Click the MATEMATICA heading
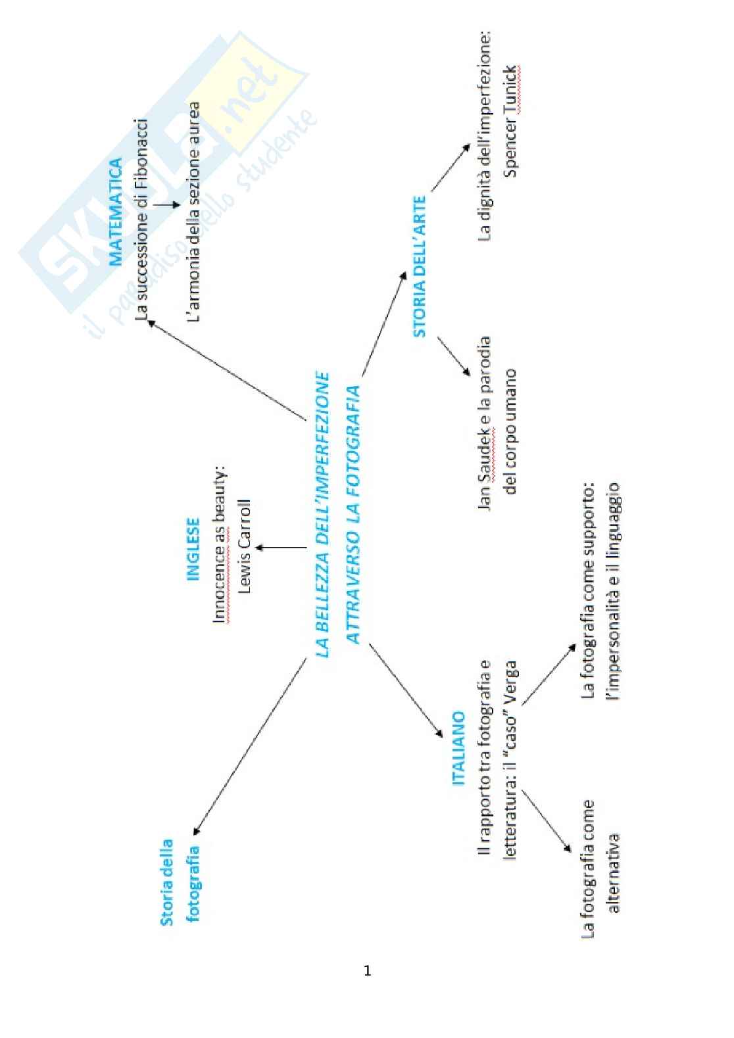tap(116, 212)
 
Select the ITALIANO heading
tap(458, 747)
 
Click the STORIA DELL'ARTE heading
tap(419, 266)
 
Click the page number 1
tap(367, 971)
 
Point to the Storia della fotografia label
tap(180, 881)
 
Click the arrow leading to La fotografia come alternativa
tap(547, 822)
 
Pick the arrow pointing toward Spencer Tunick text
tap(450, 168)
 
